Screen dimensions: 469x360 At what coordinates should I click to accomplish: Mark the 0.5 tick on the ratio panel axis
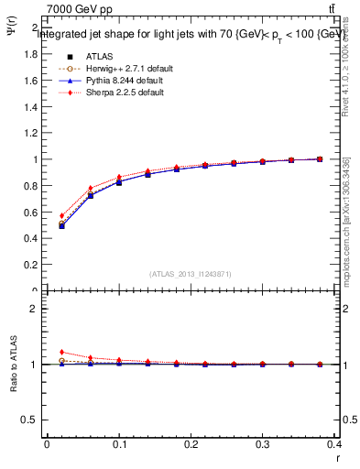coord(32,420)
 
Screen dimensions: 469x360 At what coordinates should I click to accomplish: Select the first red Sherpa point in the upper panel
coord(61,216)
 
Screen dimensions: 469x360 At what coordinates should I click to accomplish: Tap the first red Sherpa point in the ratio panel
coord(61,352)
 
